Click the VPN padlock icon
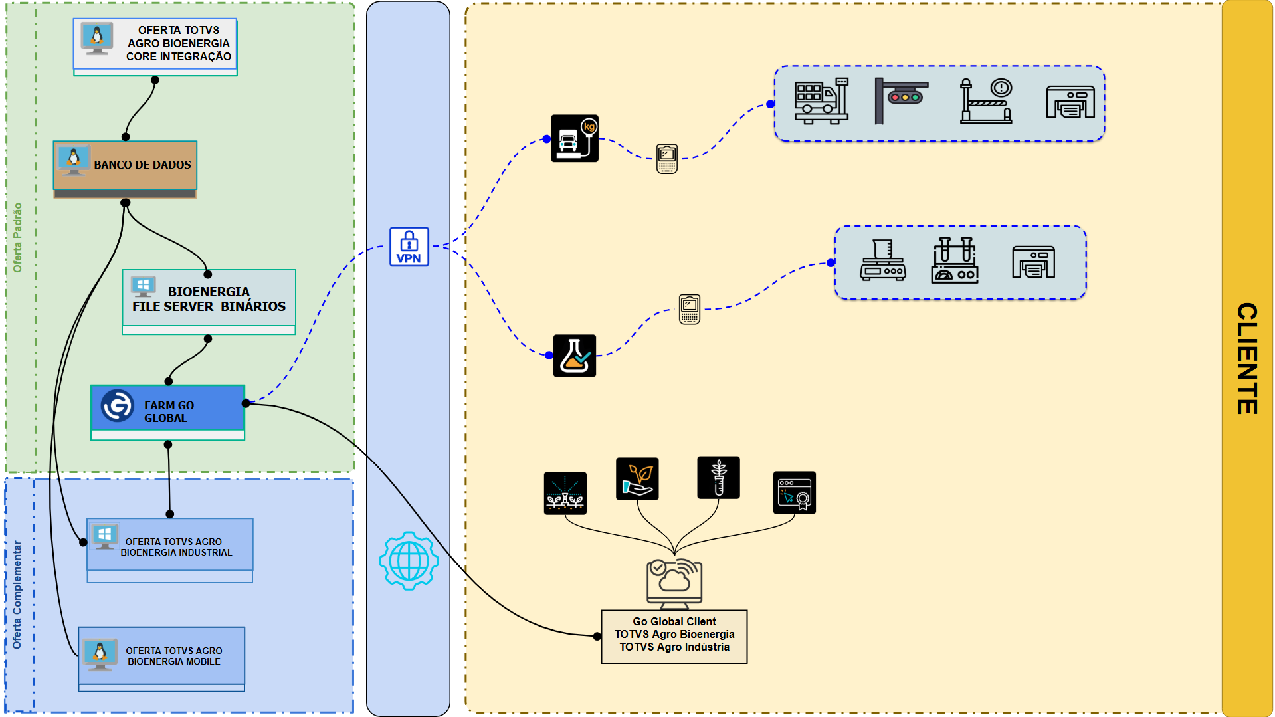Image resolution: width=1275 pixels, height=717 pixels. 409,247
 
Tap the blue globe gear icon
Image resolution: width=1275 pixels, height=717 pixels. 409,561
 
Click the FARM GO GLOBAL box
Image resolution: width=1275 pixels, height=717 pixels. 168,411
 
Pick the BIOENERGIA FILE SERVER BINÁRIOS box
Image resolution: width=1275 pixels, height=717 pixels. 209,300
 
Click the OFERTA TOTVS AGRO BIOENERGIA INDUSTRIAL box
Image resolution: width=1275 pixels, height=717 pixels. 170,548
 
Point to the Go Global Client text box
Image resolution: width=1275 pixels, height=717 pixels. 674,635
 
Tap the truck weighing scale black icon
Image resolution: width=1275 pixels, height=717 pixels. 575,138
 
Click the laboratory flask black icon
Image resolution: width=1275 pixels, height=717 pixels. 575,356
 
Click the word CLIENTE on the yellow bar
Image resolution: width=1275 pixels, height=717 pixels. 1247,358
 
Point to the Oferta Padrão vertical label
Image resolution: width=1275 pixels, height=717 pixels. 18,237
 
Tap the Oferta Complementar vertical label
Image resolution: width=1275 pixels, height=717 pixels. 17,594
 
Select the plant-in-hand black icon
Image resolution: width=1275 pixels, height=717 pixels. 637,478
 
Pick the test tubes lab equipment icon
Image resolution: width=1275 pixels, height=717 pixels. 955,260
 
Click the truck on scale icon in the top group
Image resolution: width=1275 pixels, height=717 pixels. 821,101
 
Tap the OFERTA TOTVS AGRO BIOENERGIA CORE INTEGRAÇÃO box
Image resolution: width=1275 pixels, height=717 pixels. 155,45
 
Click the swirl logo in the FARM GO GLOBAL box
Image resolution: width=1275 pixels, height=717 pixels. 117,405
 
